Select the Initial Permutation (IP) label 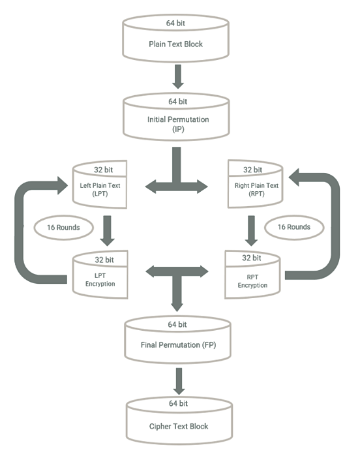click(x=178, y=125)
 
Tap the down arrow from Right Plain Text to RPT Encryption click(x=250, y=228)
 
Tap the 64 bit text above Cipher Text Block click(x=178, y=403)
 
